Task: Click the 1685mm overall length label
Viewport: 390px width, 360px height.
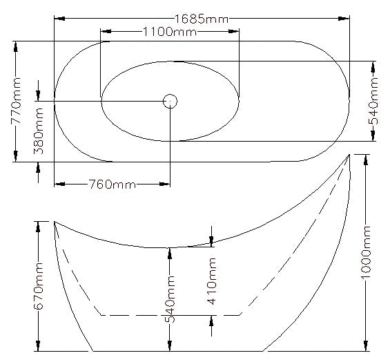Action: [x=202, y=18]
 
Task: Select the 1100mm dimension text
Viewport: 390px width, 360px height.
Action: [x=169, y=32]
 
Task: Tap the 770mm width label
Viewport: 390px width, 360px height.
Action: [x=17, y=101]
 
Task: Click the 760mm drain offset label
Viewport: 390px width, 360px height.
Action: [x=111, y=184]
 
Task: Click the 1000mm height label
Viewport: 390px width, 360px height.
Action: [x=367, y=252]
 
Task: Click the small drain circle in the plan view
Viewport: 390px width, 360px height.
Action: [x=170, y=101]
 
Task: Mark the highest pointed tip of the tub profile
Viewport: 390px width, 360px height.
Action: [x=349, y=155]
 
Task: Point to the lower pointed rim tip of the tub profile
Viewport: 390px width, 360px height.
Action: [x=55, y=222]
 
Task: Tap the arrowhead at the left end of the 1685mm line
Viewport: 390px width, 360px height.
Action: [x=57, y=18]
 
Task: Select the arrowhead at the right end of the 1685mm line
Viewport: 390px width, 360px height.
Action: [x=347, y=18]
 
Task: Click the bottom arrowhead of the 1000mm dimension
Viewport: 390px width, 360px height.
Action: [x=367, y=348]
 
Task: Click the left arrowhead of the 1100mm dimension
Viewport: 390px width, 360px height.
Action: [x=104, y=32]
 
